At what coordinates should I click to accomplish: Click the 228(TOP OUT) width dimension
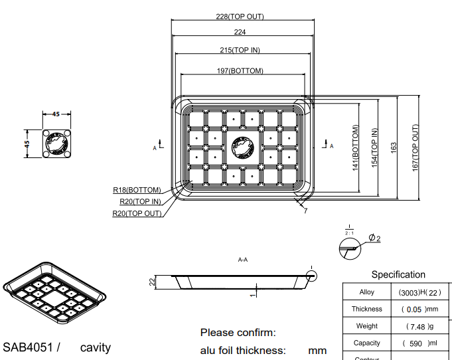[x=240, y=17]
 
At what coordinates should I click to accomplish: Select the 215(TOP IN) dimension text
[x=240, y=50]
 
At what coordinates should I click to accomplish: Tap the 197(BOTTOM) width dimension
[x=240, y=71]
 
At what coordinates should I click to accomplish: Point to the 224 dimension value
[x=240, y=33]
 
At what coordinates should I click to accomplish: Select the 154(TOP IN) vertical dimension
[x=374, y=147]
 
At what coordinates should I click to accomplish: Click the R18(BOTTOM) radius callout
[x=137, y=191]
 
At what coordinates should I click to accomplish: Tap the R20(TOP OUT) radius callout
[x=137, y=214]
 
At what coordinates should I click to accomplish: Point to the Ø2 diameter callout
[x=374, y=238]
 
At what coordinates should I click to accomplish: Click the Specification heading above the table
[x=398, y=274]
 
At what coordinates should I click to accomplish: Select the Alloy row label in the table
[x=366, y=292]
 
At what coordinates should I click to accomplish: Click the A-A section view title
[x=243, y=260]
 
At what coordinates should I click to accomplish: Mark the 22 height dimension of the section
[x=151, y=282]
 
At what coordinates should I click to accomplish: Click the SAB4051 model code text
[x=29, y=347]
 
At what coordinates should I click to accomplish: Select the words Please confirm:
[x=238, y=332]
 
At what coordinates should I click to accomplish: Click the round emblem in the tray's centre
[x=242, y=147]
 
